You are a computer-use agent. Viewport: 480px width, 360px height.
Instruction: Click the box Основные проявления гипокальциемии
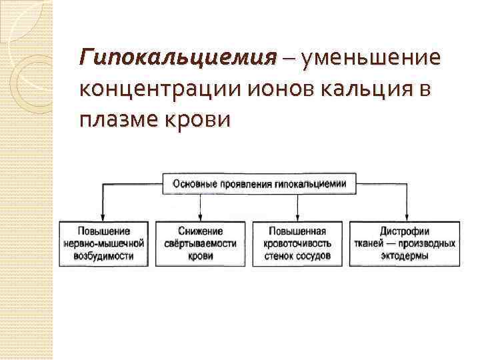click(259, 183)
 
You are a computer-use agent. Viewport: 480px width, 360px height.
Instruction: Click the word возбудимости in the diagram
click(103, 256)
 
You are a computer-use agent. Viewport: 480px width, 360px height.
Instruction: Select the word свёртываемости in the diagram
click(200, 243)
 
